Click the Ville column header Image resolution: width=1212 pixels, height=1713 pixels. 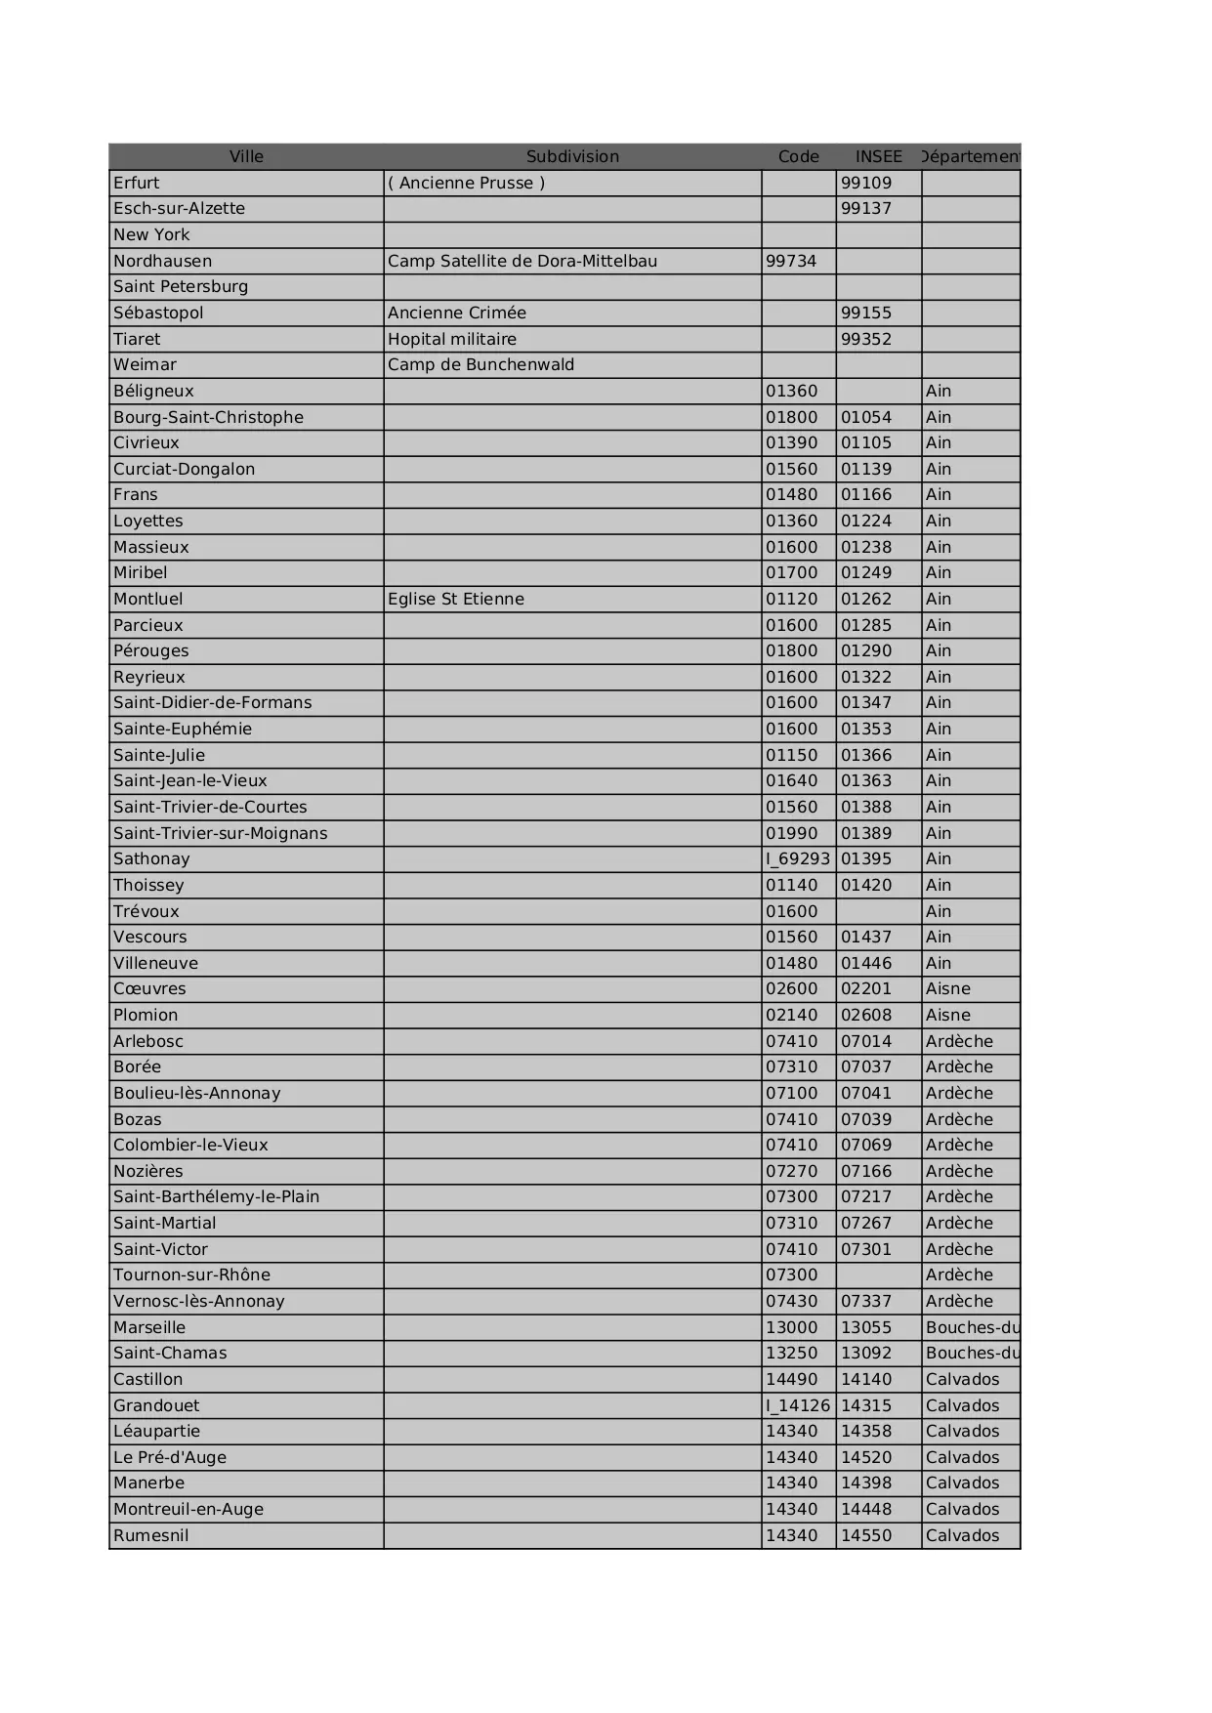246,156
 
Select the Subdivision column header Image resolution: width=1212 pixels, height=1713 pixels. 572,156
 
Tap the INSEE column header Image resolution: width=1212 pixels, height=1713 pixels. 878,156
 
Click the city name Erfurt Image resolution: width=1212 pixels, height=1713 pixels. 137,183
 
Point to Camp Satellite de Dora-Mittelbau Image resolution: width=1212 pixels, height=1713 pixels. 522,261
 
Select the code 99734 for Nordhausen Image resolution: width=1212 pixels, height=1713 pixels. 791,261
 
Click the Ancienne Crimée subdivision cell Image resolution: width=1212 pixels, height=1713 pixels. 457,313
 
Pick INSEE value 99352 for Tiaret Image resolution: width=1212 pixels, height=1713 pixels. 866,339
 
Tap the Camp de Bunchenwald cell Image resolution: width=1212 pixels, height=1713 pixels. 481,364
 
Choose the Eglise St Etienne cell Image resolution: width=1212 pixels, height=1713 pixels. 456,599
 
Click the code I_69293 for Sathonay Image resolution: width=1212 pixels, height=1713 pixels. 798,858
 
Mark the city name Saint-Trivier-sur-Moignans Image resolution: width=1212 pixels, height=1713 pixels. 221,833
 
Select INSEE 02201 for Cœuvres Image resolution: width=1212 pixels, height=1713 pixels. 866,988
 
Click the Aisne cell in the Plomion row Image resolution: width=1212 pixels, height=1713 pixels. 948,1015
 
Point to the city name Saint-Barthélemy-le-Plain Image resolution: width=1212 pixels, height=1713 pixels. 217,1196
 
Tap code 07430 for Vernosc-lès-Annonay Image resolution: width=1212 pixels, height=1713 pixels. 791,1301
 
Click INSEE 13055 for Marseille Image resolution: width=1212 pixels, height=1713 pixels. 866,1327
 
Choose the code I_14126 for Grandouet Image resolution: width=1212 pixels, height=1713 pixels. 798,1405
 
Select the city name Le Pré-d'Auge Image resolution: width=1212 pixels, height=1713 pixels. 170,1457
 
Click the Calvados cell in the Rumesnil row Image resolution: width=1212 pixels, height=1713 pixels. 963,1535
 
